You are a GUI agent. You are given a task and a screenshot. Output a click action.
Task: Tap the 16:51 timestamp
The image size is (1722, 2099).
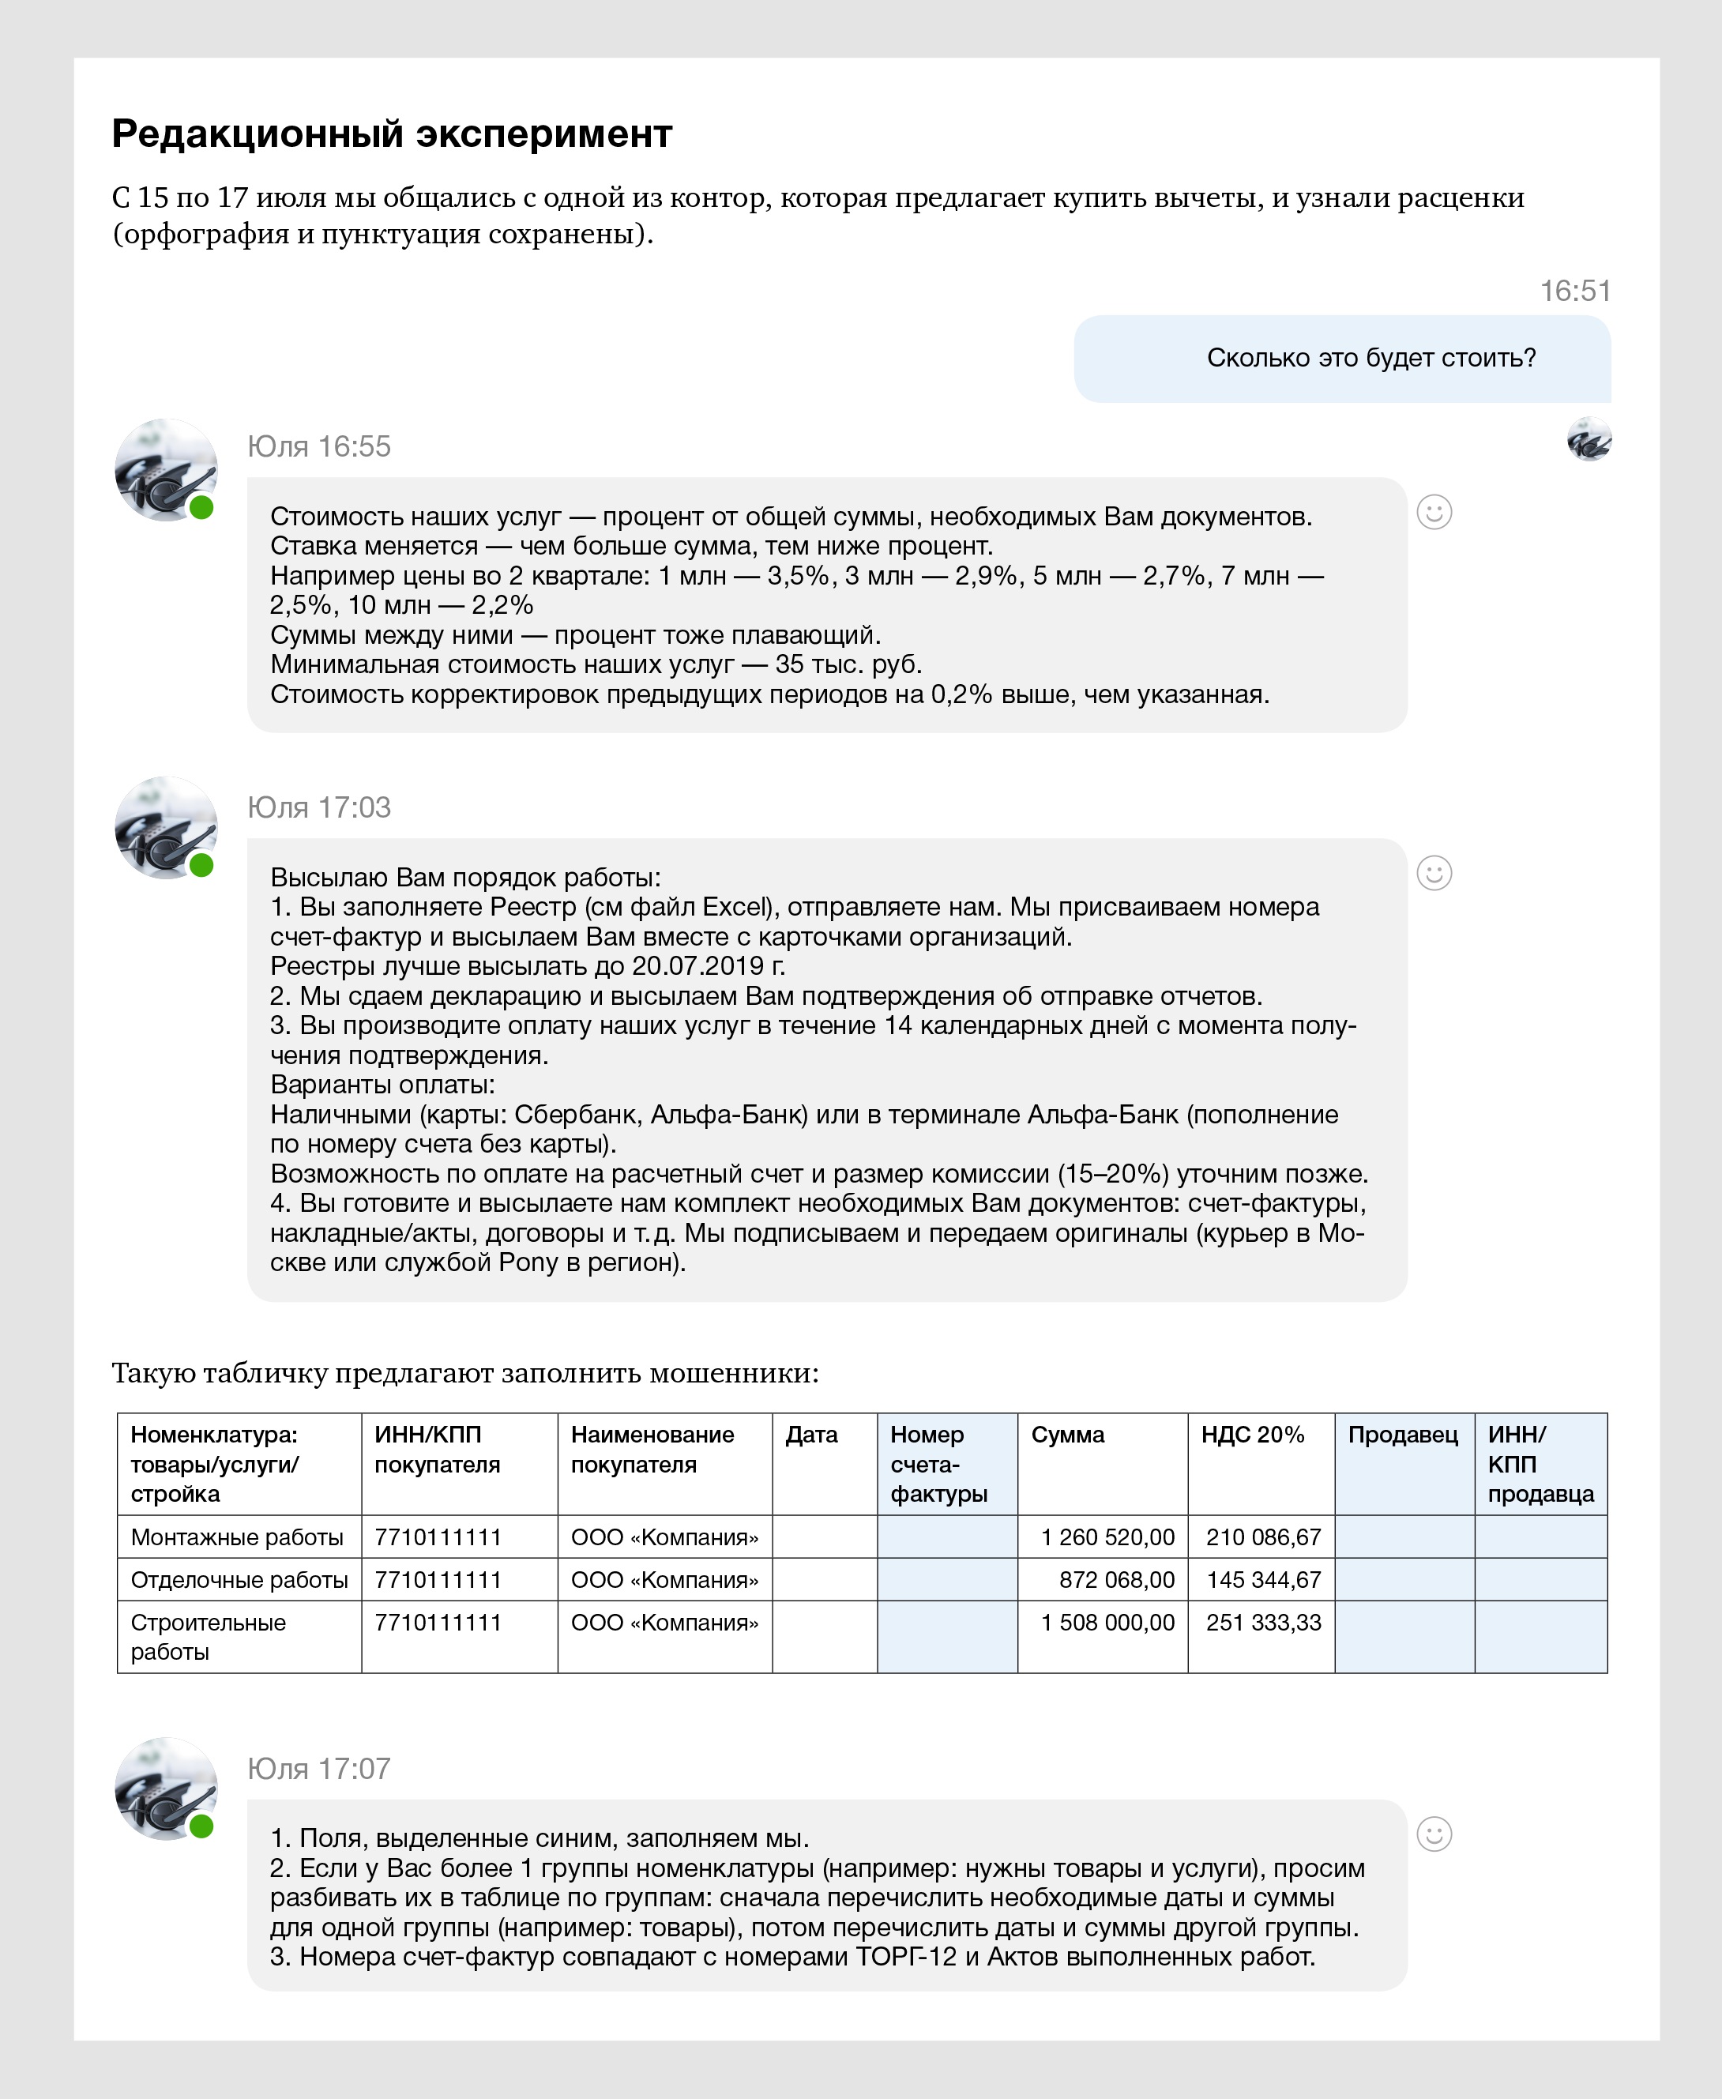1574,291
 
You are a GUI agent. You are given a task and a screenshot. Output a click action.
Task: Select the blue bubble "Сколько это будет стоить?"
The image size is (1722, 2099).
1341,358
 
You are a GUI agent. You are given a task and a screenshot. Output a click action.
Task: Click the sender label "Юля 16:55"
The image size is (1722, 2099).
318,446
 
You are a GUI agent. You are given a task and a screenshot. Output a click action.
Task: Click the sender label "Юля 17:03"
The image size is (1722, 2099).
318,807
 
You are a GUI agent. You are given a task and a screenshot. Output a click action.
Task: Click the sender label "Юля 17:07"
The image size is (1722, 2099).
318,1769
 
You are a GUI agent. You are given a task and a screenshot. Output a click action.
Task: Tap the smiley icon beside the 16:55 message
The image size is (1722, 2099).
1434,512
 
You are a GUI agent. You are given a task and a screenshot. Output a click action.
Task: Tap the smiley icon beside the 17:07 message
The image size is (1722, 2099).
1434,1834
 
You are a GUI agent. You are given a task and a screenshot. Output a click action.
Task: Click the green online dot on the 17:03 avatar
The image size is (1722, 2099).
201,865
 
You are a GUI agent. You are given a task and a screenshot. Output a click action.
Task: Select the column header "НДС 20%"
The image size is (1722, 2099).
1252,1435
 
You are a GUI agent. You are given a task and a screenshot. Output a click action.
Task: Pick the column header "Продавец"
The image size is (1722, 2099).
1403,1435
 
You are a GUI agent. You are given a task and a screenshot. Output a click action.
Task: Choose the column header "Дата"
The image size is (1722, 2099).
811,1435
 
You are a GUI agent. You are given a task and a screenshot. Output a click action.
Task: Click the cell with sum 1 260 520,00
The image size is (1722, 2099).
1107,1537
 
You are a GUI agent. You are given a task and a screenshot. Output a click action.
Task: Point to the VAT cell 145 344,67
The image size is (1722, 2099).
1264,1580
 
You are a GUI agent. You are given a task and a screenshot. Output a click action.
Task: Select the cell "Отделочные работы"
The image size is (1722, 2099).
239,1580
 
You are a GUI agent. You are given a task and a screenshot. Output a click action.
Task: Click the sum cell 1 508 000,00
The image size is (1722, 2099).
1107,1623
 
